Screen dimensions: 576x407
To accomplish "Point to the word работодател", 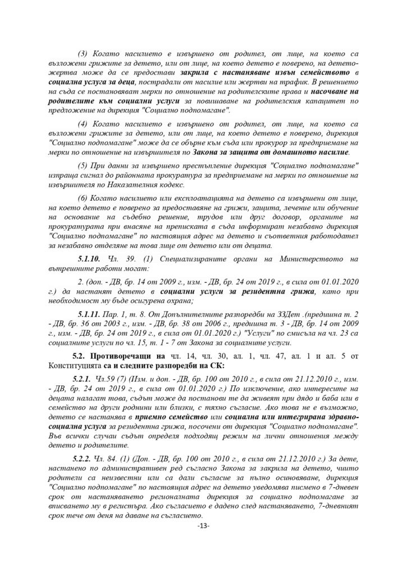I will click(x=335, y=237).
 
